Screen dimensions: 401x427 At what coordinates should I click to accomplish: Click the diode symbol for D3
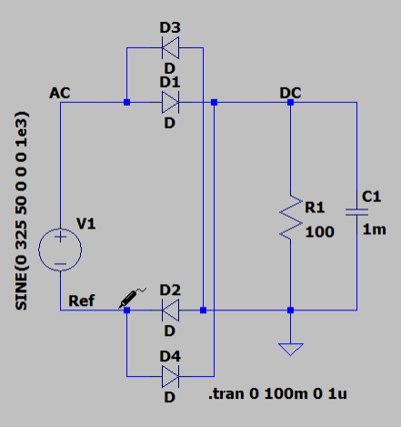(x=170, y=47)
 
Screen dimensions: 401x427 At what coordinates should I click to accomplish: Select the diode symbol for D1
(x=170, y=102)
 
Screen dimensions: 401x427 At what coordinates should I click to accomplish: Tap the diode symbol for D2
(x=170, y=310)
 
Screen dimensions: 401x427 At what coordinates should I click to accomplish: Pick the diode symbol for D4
(x=170, y=376)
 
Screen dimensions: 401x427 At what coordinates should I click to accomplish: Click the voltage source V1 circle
(x=60, y=249)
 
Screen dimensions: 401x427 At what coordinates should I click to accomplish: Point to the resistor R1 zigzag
(x=291, y=217)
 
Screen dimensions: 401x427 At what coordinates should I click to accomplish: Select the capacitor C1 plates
(x=356, y=212)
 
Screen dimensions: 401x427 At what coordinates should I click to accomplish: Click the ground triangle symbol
(x=291, y=349)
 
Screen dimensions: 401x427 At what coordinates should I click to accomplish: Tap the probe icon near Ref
(x=132, y=298)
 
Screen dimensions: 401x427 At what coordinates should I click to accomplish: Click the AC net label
(x=60, y=93)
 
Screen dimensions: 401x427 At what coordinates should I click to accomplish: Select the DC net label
(x=290, y=93)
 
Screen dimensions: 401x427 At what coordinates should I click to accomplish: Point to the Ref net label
(x=82, y=300)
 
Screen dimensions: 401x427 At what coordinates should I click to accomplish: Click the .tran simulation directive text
(x=277, y=393)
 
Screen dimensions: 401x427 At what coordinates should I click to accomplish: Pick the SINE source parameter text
(x=21, y=211)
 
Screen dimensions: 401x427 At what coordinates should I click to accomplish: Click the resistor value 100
(x=320, y=232)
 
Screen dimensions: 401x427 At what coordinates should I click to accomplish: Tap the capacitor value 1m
(x=375, y=229)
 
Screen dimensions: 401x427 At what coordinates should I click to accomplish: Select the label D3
(x=170, y=27)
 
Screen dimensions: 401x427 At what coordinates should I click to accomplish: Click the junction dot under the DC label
(x=291, y=102)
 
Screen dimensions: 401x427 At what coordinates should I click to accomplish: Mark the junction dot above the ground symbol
(x=291, y=310)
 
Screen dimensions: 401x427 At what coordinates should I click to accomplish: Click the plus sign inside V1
(x=60, y=237)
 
